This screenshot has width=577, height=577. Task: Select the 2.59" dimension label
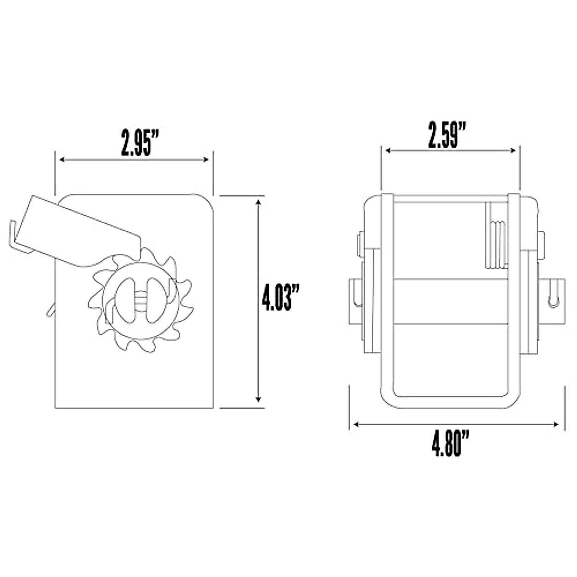447,135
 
